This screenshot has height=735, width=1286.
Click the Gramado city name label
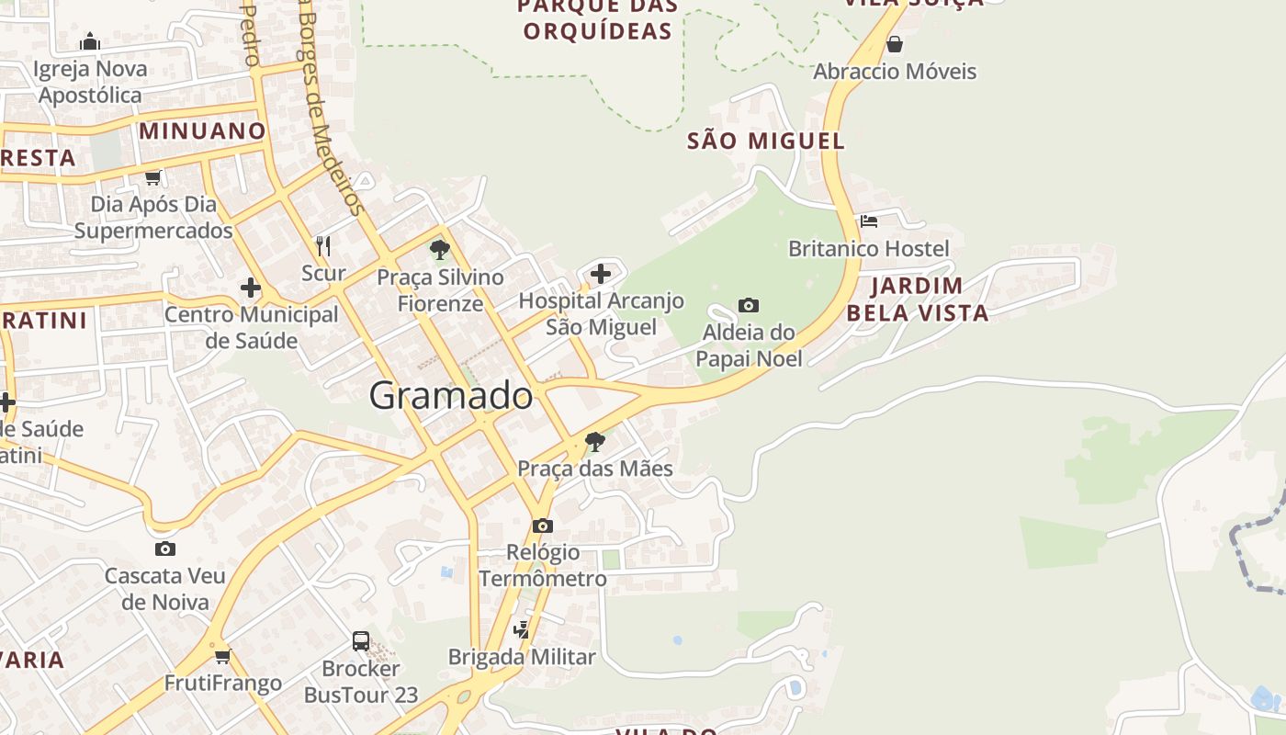tap(450, 395)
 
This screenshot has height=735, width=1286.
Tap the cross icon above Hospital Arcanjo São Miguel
tap(601, 274)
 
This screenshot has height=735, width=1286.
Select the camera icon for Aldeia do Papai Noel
tap(749, 305)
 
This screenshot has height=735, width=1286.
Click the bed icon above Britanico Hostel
tap(869, 221)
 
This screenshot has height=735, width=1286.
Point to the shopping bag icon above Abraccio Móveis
tap(895, 43)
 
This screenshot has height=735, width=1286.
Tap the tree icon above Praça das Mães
tap(595, 442)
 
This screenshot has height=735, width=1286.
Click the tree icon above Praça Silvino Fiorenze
tap(440, 249)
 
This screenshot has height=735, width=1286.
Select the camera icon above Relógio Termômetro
tap(543, 526)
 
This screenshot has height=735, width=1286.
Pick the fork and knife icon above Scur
tap(323, 246)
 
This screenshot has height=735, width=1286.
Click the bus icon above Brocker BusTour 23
tap(361, 641)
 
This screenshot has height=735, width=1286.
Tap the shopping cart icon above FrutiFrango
tap(223, 656)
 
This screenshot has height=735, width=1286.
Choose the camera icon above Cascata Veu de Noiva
tap(165, 549)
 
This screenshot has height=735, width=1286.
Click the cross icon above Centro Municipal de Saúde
tap(251, 288)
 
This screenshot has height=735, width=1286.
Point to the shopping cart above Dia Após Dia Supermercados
tap(153, 177)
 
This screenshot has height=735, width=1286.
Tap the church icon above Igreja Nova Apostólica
tap(90, 41)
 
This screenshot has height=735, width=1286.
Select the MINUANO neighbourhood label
tap(202, 130)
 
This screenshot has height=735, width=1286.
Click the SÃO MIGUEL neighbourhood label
tap(765, 141)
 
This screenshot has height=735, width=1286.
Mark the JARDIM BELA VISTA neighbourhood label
tap(917, 300)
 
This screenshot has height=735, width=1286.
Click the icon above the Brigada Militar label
tap(522, 630)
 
